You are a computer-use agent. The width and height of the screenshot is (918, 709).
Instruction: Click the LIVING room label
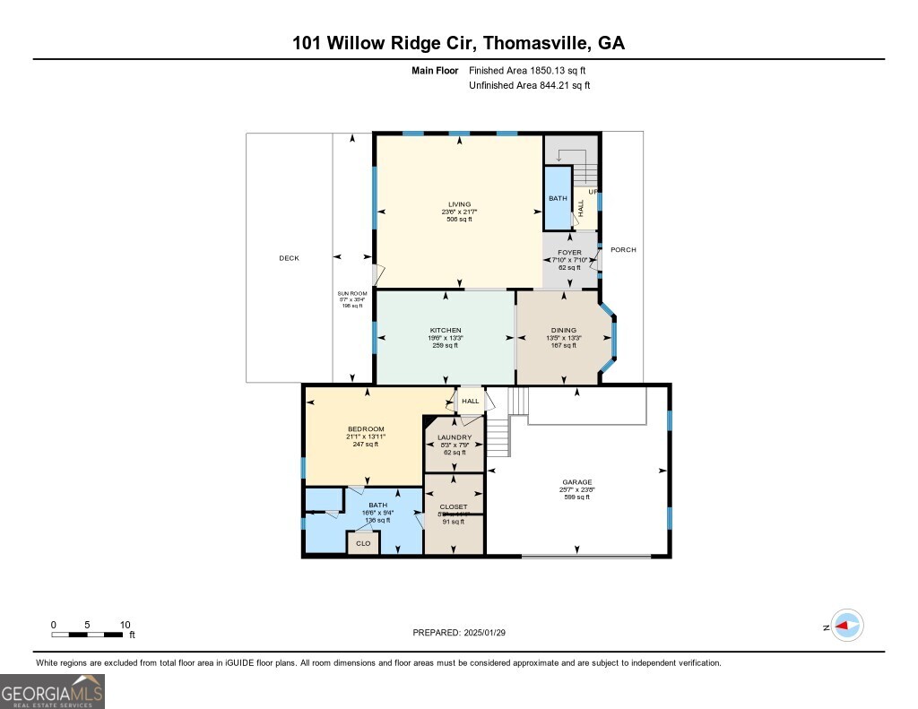(459, 204)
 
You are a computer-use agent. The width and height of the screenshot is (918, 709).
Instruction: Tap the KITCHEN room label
(446, 331)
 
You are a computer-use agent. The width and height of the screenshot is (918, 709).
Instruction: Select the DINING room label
(564, 331)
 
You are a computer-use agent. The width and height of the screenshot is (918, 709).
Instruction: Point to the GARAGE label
(577, 482)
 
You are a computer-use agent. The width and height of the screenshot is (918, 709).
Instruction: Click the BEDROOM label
(366, 429)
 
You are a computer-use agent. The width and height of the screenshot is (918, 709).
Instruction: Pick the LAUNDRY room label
(455, 437)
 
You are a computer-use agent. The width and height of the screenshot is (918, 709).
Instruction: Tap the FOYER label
(569, 253)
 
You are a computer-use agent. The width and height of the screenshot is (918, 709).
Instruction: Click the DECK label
(289, 258)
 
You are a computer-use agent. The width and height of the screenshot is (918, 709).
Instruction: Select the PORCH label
(623, 250)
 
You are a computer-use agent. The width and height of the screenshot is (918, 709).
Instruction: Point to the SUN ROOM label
(351, 294)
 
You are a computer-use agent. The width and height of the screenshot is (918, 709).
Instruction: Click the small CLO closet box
(363, 543)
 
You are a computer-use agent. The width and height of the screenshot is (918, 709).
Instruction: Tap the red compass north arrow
(846, 626)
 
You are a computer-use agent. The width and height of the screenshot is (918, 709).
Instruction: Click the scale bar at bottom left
(88, 635)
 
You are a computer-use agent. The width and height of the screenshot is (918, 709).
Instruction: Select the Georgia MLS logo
(52, 691)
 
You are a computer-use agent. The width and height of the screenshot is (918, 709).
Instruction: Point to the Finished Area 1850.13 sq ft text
(529, 70)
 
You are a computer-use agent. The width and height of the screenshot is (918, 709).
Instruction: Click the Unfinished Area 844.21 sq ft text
(529, 86)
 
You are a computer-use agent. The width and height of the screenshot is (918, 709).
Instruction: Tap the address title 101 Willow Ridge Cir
(458, 43)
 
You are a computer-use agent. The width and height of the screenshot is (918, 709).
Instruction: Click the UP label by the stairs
(593, 192)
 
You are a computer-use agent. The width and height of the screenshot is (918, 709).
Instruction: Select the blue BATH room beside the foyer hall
(558, 198)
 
